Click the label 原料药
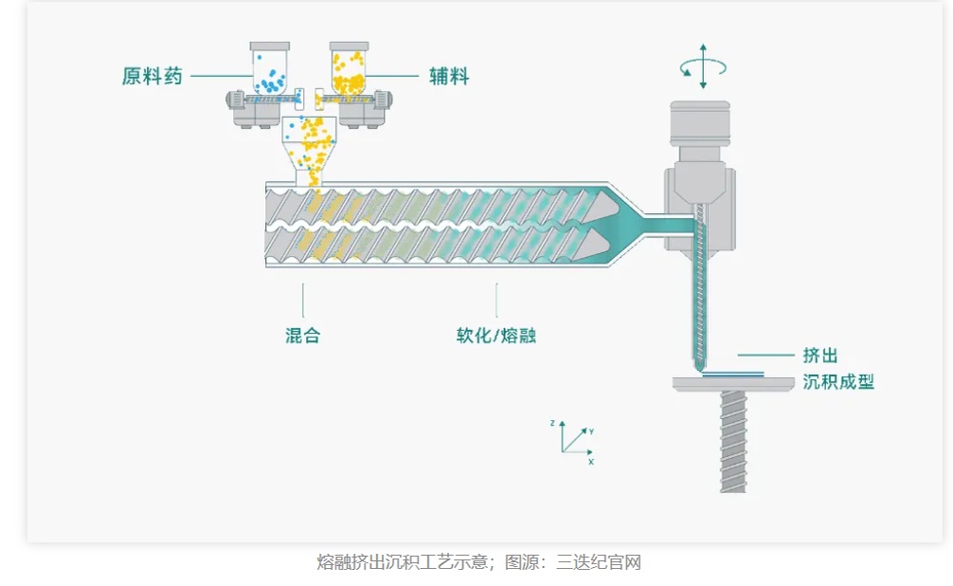point(152,77)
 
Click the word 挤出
point(819,356)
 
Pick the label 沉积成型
point(837,382)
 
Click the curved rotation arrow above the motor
point(703,67)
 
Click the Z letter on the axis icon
point(551,422)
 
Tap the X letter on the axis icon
point(590,462)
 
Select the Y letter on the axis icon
point(591,431)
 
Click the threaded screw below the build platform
point(733,441)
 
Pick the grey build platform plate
point(733,383)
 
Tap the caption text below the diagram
point(478,562)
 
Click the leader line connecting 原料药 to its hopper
point(222,77)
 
